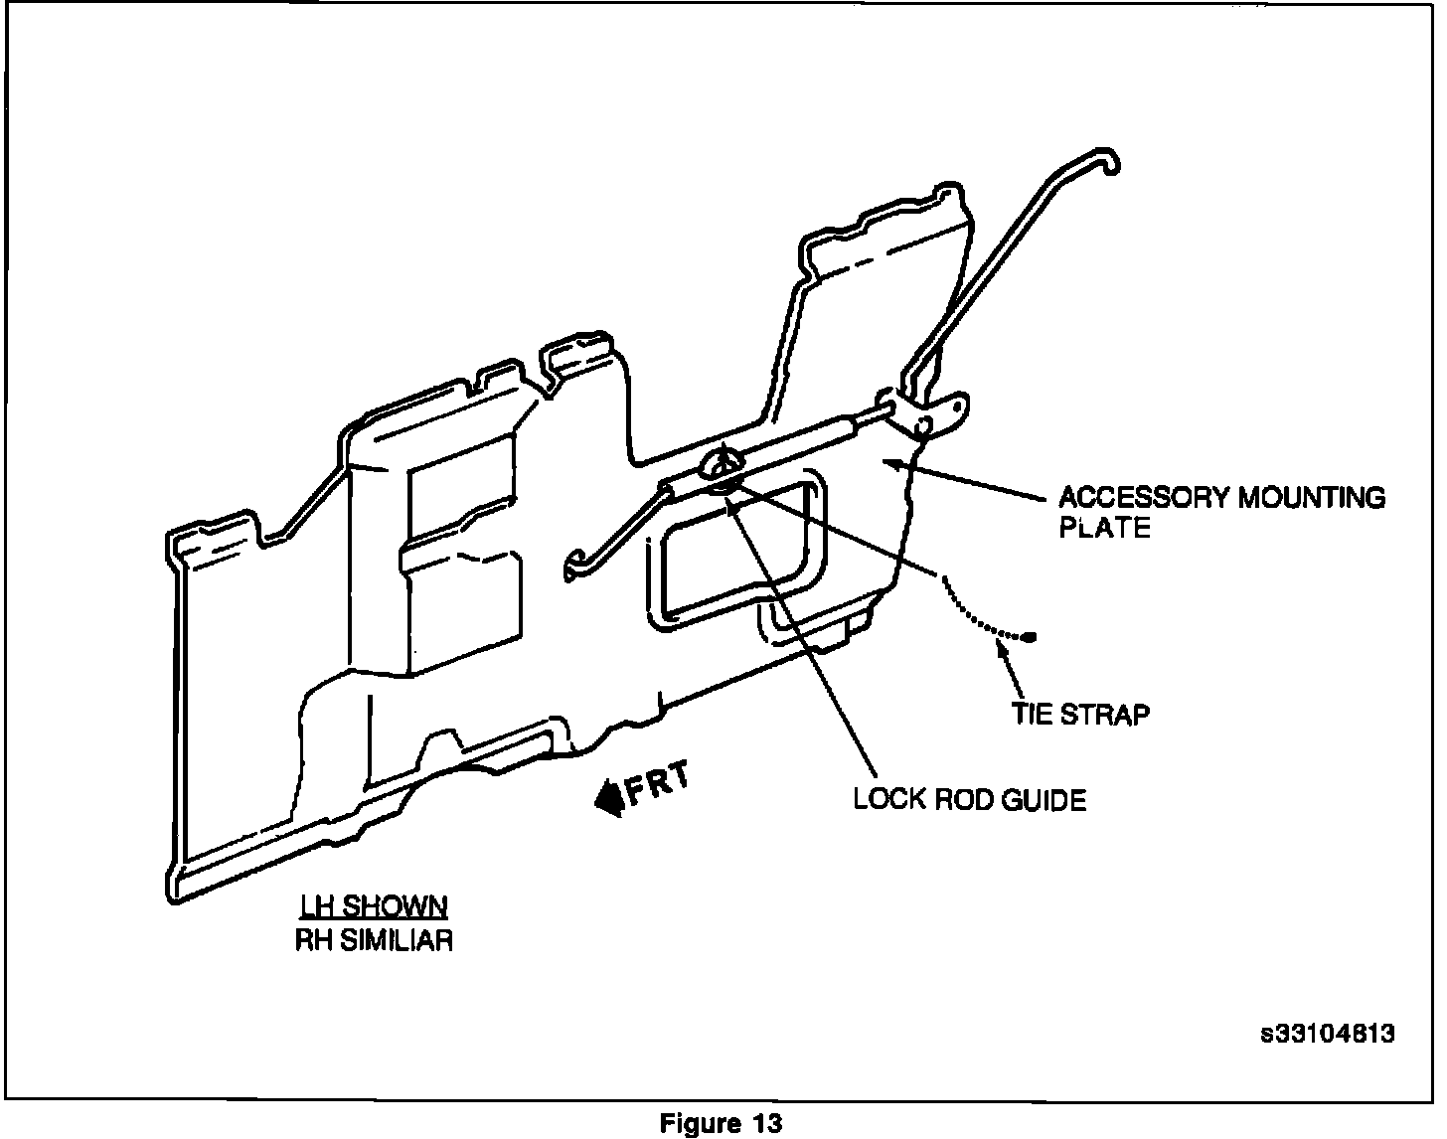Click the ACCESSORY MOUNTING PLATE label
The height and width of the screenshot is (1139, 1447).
1220,511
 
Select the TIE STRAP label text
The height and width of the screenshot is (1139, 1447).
1080,714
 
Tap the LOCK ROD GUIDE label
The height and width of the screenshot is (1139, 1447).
969,799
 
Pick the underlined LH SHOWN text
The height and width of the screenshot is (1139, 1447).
374,906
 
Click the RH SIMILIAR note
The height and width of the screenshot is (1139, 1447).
374,939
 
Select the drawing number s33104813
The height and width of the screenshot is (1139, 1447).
1327,1033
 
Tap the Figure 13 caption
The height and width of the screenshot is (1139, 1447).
722,1123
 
